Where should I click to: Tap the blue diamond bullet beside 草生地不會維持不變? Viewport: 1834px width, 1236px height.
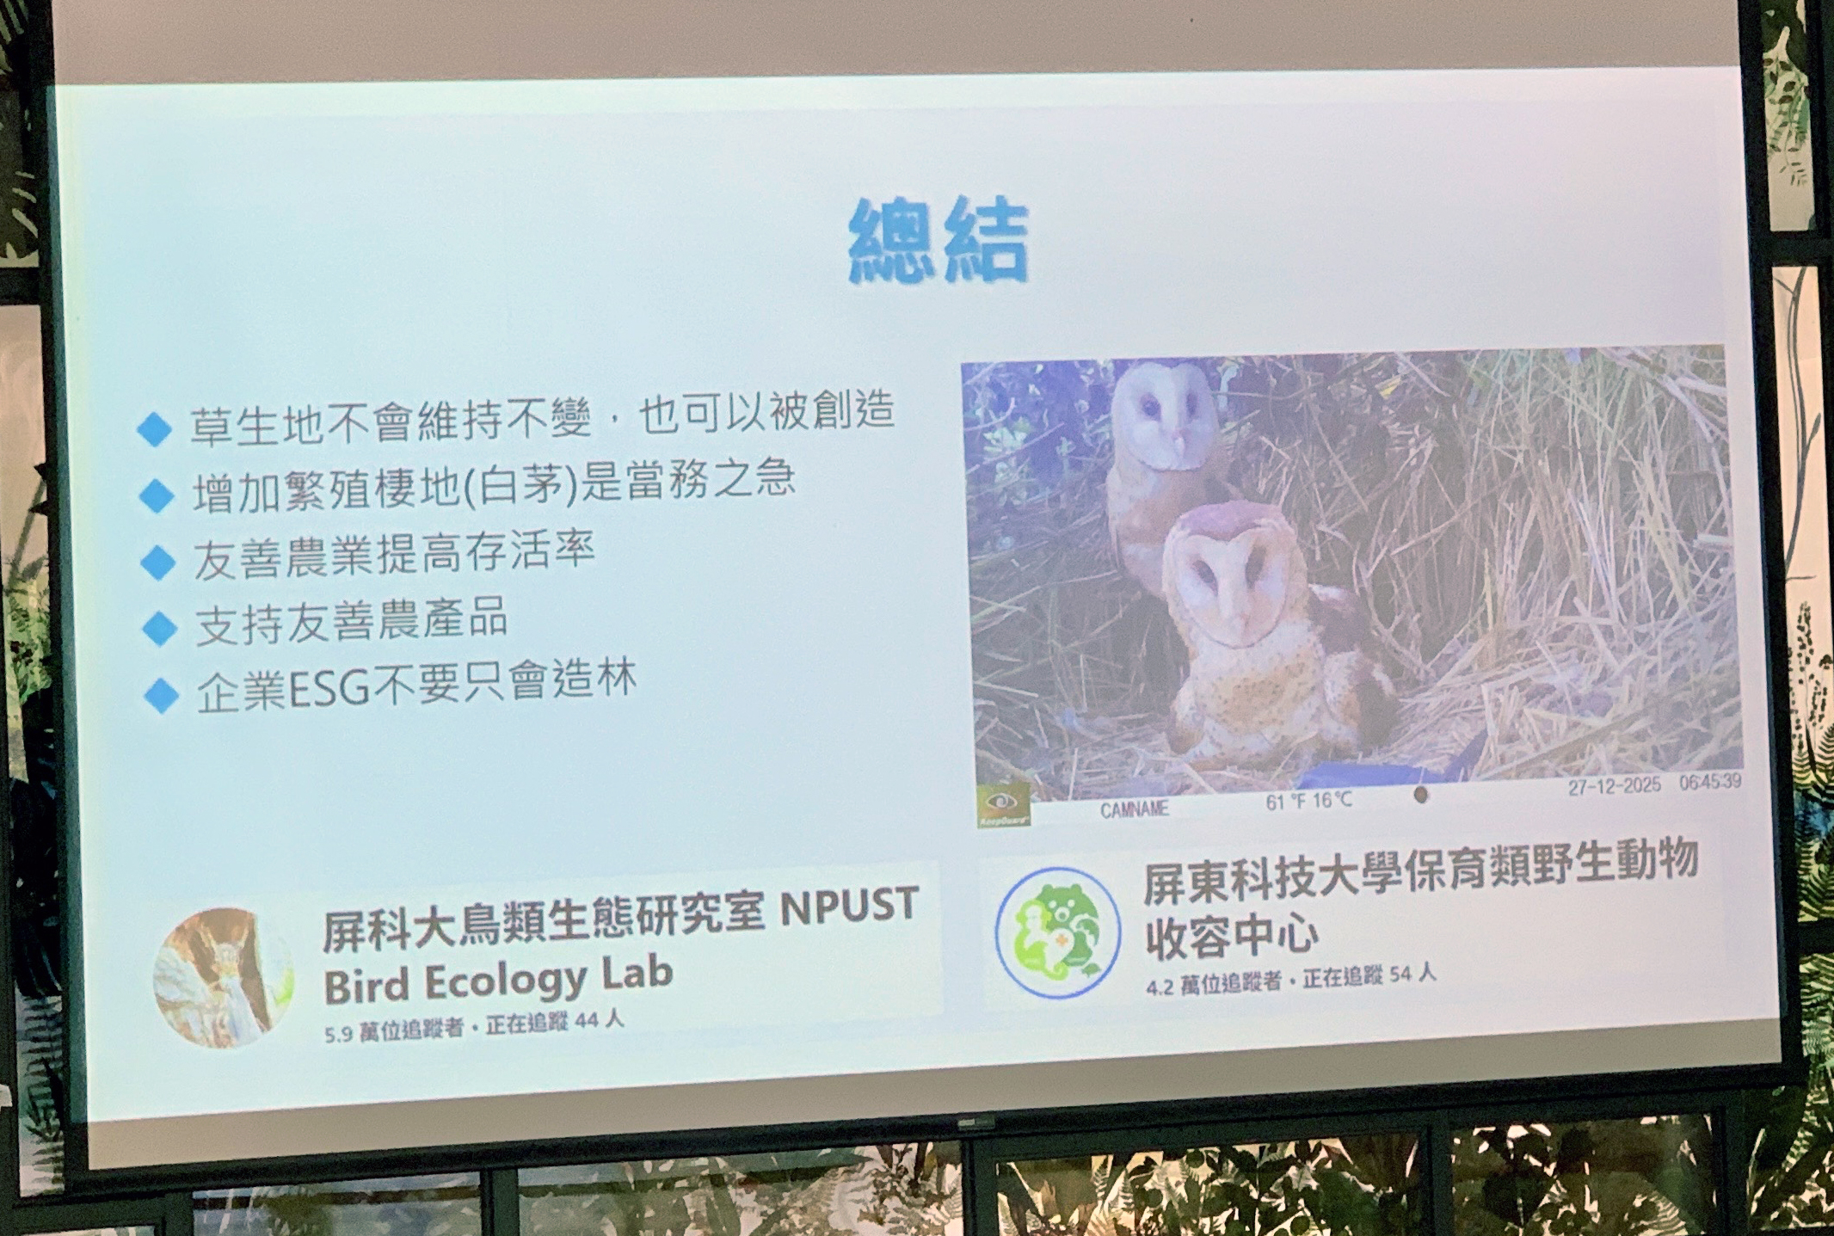coord(155,427)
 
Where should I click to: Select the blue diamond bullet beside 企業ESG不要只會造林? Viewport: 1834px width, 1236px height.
coord(162,695)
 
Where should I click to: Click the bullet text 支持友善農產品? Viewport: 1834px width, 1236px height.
coord(351,621)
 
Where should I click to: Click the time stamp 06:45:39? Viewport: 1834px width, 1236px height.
coord(1710,783)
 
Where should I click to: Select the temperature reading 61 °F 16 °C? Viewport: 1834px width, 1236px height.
coord(1308,802)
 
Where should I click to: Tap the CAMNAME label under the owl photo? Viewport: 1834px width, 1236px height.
coord(1134,809)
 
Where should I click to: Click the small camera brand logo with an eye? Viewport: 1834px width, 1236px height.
coord(1003,803)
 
